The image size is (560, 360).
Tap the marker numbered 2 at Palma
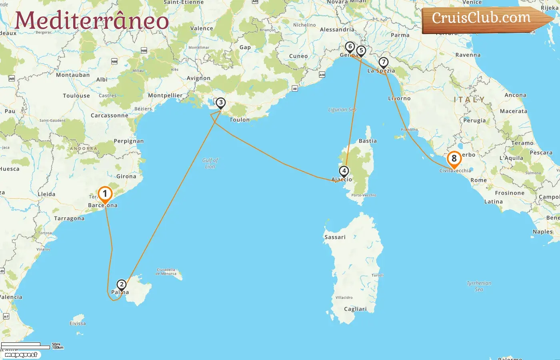coord(121,285)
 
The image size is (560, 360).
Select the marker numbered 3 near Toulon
coord(220,103)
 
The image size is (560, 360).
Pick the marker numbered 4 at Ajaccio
coord(344,171)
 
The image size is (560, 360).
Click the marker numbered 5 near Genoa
coord(361,51)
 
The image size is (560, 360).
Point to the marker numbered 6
coord(350,47)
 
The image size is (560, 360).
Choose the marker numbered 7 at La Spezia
coord(383,62)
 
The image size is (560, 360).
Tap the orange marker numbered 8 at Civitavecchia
coord(454,159)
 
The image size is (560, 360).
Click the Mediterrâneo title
coord(92,20)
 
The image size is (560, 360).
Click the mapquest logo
coord(21,355)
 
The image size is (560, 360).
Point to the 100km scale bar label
coord(58,348)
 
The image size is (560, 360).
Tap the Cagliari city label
coord(355,309)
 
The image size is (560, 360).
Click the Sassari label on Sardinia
coord(335,237)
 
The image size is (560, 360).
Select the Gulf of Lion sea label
coord(210,163)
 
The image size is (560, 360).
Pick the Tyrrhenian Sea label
coord(479,286)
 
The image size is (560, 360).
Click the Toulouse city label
coord(76,96)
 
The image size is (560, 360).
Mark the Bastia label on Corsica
coord(368,141)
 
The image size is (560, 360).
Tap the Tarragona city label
coord(69,219)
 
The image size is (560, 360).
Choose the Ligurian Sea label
coord(342,110)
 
